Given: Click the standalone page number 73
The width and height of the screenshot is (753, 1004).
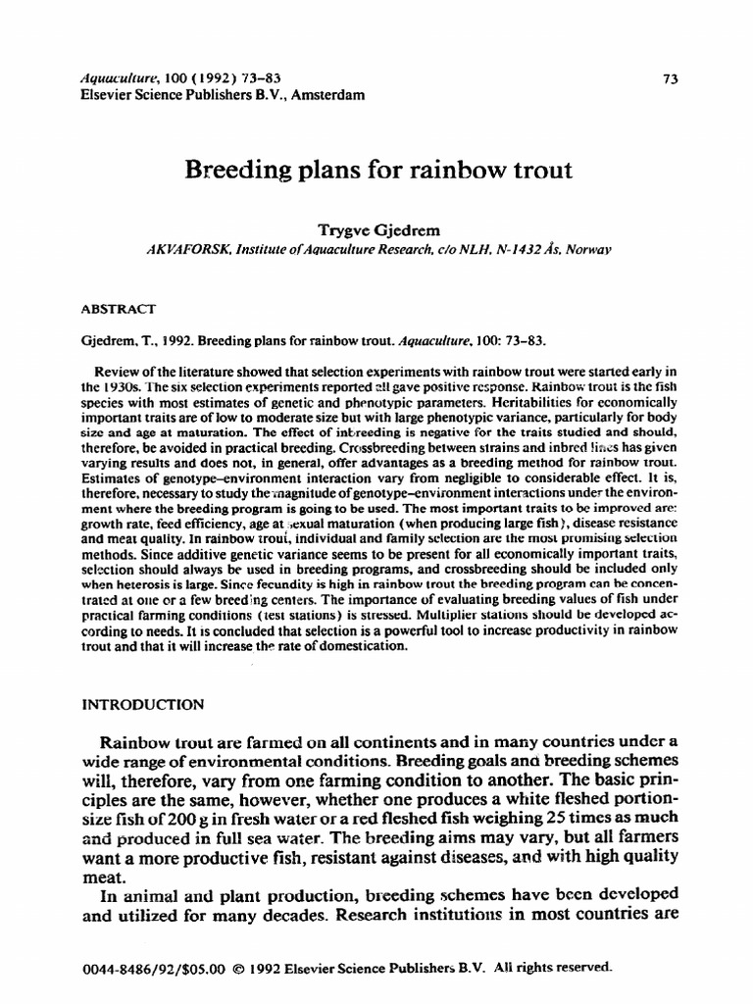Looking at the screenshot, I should (x=671, y=80).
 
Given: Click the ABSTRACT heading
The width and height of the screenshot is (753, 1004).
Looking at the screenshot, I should (x=118, y=307).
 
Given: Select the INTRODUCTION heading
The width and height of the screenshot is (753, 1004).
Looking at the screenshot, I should (x=142, y=704).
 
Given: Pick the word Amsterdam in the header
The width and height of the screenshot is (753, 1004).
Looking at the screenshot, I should (x=324, y=95).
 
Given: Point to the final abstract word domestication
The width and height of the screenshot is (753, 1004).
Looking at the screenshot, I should (x=370, y=648).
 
